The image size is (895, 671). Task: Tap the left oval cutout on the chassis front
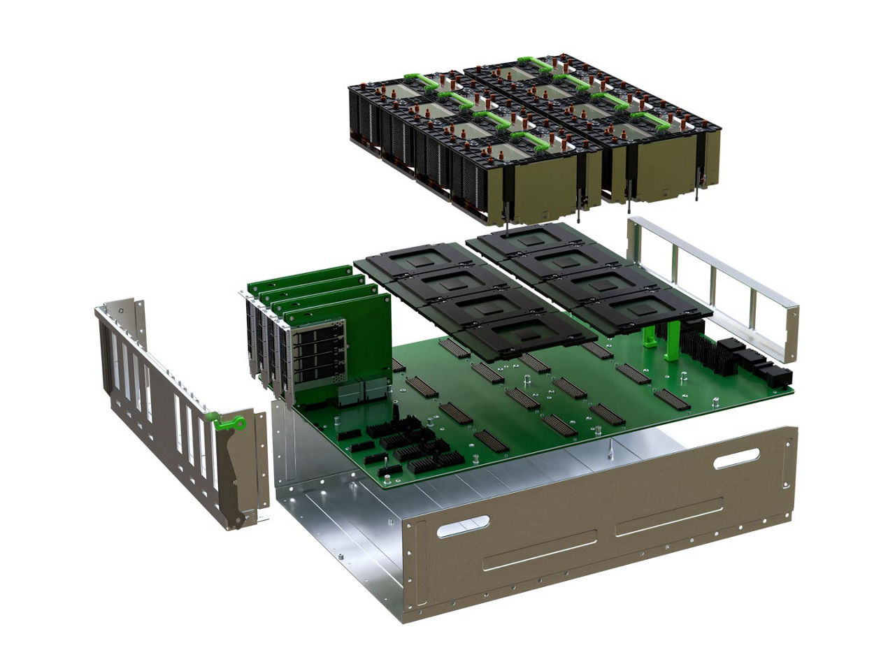pos(463,526)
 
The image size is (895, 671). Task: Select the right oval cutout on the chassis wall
pos(736,459)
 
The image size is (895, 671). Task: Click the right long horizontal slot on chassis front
pos(668,517)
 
